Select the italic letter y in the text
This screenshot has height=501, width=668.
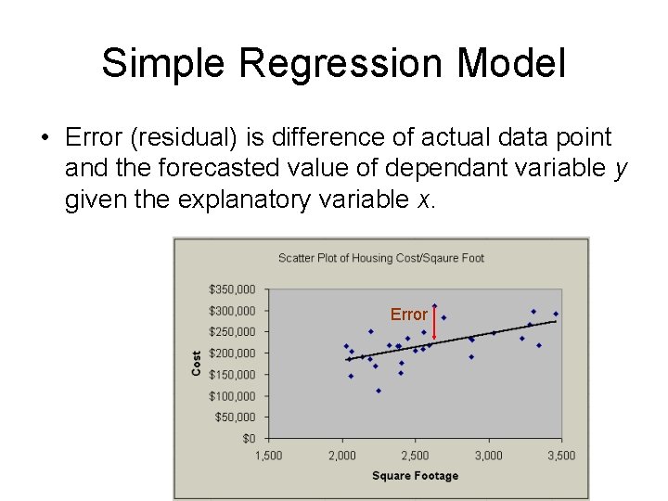621,168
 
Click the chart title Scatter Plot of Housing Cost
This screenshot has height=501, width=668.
380,257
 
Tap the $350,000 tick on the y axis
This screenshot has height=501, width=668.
232,289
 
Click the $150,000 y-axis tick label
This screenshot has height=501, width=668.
232,374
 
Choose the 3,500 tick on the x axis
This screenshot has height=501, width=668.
560,455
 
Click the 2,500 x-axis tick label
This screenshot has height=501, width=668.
415,455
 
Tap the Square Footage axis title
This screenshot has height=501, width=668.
415,476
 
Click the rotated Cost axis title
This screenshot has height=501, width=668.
197,363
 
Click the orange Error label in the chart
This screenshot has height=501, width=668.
408,315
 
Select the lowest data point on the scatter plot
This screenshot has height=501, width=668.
379,391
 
